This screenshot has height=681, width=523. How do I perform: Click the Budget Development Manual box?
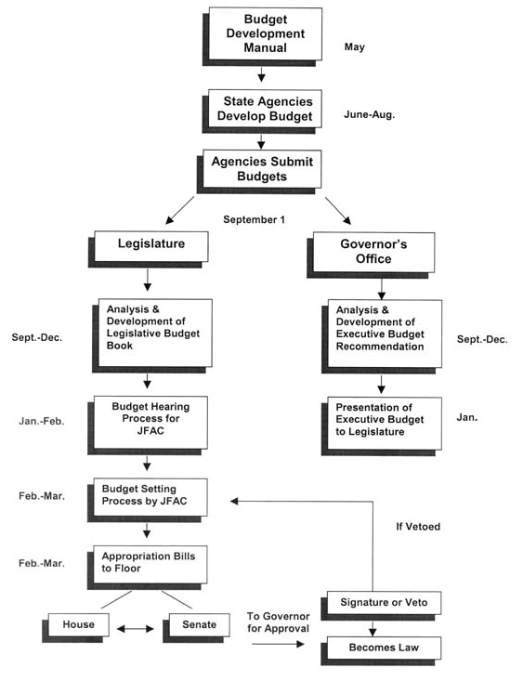262,36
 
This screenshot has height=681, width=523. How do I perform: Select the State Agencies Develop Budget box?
262,111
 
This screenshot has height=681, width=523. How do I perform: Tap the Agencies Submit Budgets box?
259,172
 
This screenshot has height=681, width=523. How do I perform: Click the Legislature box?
149,249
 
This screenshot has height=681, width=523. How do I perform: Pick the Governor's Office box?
371,255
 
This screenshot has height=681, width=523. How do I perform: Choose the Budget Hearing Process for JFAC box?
148,426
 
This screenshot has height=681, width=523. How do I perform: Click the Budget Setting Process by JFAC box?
148,500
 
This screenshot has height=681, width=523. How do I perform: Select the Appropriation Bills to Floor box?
148,568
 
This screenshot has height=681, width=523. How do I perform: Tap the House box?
75,628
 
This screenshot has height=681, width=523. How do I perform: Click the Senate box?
196,628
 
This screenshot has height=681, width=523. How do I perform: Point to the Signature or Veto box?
382,606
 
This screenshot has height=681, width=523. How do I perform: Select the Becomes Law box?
382,650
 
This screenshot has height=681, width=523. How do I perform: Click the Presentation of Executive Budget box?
382,426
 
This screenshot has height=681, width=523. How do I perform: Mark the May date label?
355,46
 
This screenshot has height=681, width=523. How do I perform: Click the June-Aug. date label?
369,114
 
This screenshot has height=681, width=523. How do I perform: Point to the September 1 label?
255,220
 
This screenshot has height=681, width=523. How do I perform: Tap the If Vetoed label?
418,527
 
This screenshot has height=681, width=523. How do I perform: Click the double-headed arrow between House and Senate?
136,628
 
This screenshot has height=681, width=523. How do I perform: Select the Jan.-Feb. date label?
42,421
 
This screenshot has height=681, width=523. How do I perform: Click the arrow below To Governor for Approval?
278,644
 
